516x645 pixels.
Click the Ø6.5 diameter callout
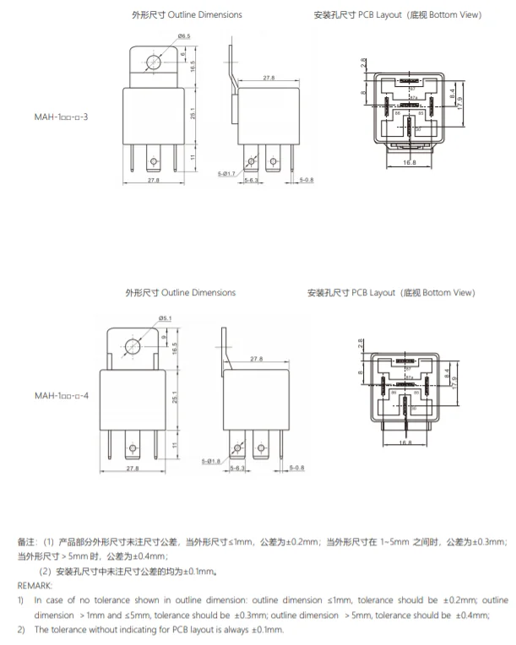coord(183,35)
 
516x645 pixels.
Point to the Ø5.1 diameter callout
coord(165,317)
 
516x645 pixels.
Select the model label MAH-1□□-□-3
coord(61,115)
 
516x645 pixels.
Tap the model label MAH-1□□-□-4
coord(61,395)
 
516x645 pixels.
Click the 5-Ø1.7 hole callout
coord(227,172)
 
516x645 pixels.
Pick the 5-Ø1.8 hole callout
coord(212,460)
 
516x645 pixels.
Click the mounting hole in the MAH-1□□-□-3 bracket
coord(154,62)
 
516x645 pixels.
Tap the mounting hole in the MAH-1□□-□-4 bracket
coord(132,346)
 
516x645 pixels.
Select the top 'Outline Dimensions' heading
coord(187,15)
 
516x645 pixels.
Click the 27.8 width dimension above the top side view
coord(269,78)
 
